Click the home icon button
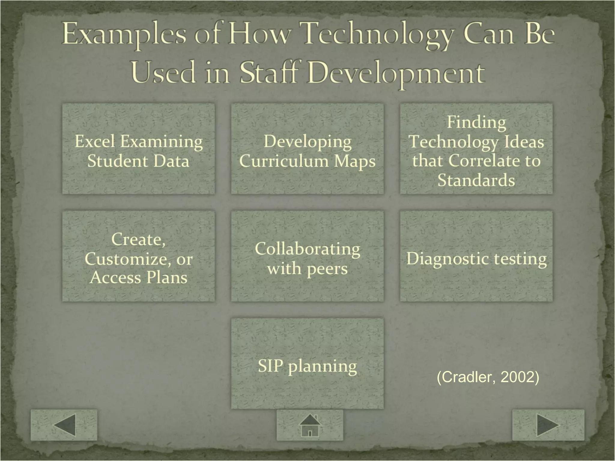310,425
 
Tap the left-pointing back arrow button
64,425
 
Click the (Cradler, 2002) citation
488,377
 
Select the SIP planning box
307,363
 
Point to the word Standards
476,180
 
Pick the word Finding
476,122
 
